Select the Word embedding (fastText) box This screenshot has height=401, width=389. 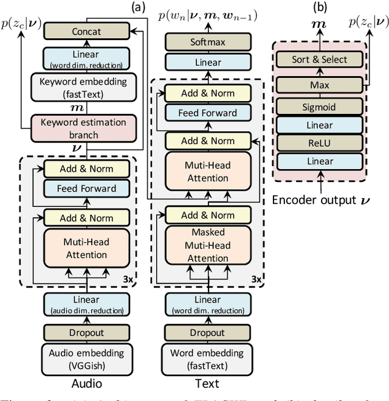pos(208,358)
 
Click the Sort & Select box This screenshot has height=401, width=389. pos(319,59)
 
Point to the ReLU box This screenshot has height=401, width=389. pos(319,144)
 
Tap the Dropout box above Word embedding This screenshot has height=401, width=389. pos(208,333)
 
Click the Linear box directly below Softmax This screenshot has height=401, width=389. pos(208,63)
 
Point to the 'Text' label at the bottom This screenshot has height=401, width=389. pos(208,383)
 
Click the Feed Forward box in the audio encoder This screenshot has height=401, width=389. pos(87,188)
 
